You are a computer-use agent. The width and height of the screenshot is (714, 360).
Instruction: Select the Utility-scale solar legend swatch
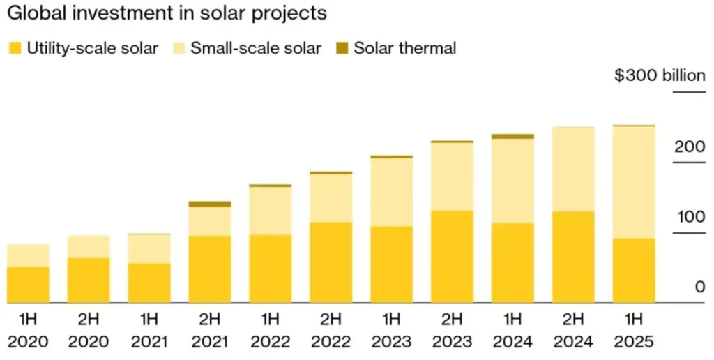[x=14, y=48]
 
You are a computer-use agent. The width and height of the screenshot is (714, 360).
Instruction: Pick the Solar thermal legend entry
[x=404, y=48]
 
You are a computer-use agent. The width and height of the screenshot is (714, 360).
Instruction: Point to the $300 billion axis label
[x=659, y=75]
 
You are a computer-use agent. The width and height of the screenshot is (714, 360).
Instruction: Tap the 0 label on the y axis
[x=699, y=287]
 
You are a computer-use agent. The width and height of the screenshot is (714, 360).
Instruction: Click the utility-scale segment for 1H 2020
[x=28, y=285]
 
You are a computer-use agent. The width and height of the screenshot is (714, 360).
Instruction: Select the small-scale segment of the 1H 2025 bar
[x=634, y=182]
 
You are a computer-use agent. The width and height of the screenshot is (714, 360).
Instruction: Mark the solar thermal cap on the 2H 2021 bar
[x=210, y=204]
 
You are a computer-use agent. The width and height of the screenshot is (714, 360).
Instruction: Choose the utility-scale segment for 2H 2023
[x=452, y=256]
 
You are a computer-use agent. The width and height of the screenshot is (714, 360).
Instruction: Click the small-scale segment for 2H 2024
[x=573, y=170]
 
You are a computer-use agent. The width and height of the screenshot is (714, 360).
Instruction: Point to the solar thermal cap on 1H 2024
[x=512, y=137]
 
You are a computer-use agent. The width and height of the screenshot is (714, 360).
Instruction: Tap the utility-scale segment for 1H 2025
[x=634, y=271]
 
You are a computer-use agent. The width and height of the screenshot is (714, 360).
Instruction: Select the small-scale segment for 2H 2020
[x=89, y=247]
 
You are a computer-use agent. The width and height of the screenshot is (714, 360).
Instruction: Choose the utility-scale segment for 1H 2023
[x=391, y=264]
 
